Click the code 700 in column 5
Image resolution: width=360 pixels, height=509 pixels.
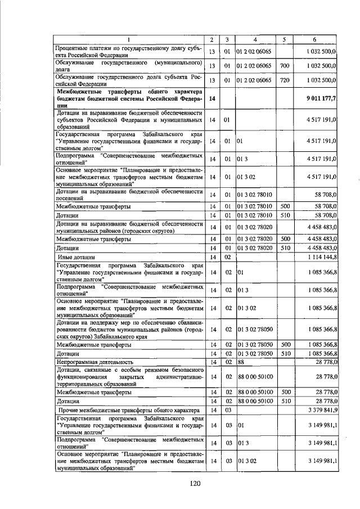point(285,66)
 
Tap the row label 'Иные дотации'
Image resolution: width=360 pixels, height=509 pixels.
point(79,257)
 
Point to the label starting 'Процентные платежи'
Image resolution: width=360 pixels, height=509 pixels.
point(128,52)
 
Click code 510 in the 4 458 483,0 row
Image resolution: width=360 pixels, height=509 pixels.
point(285,247)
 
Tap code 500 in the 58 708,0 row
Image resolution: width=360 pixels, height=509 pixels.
point(285,206)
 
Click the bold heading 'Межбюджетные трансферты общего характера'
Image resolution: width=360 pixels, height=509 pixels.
point(128,98)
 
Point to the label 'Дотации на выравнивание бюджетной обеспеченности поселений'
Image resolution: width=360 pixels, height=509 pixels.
point(128,195)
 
